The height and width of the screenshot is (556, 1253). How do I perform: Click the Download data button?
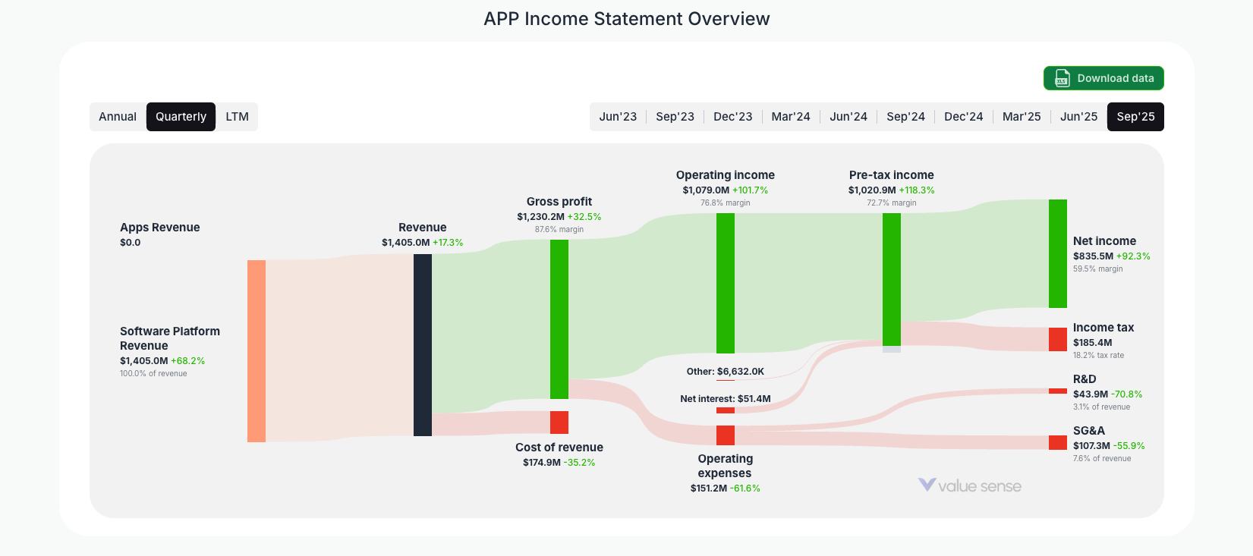coord(1103,78)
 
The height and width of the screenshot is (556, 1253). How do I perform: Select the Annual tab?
coord(118,117)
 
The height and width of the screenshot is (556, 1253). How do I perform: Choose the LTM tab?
coord(237,117)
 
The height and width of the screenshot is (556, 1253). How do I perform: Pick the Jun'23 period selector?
coord(618,117)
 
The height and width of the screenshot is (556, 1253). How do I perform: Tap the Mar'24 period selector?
coord(791,117)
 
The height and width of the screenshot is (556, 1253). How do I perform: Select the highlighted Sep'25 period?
coord(1135,117)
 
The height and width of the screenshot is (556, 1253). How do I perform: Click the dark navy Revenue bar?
coord(423,345)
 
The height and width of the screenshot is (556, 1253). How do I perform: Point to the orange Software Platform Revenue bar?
coord(257,350)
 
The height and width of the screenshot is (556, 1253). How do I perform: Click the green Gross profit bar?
coord(559,319)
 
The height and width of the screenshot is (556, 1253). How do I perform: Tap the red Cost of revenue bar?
coord(559,422)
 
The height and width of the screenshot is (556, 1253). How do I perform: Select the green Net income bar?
coord(1058,253)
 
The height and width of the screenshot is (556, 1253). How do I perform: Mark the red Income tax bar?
coord(1058,339)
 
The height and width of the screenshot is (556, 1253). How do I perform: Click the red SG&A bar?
coord(1058,442)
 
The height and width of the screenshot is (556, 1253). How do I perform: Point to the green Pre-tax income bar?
coord(892,279)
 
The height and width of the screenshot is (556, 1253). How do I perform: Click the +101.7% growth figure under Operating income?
coord(750,190)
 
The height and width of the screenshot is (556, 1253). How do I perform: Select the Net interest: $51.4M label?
coord(726,399)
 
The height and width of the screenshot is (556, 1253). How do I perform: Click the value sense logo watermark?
coord(970,485)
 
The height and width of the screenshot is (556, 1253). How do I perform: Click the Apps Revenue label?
coord(160,228)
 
